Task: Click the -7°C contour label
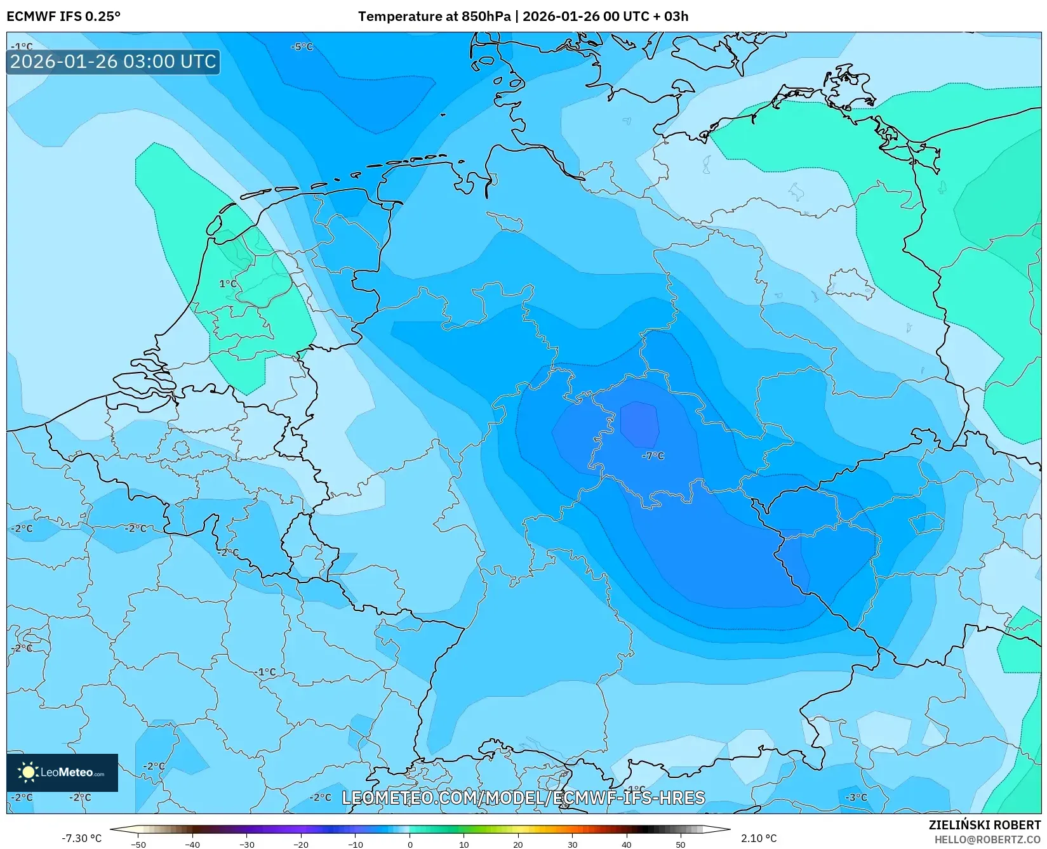pos(653,456)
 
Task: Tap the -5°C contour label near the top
pos(302,47)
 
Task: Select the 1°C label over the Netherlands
pos(227,284)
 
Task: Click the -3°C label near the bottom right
pos(856,797)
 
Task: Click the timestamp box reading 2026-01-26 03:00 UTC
pos(113,62)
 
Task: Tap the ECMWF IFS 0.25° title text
pos(63,16)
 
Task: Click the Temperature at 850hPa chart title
pos(523,16)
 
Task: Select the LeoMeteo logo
pos(62,772)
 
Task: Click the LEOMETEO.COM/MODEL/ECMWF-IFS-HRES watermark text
pos(523,798)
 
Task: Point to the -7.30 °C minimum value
pos(81,838)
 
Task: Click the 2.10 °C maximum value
pos(759,838)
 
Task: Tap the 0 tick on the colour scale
pos(410,845)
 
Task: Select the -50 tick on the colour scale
pos(138,845)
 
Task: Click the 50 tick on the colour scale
pos(681,845)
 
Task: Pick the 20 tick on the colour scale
pos(518,845)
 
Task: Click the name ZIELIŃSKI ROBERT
pos(985,825)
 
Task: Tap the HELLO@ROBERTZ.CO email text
pos(987,839)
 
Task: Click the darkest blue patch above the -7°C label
pos(639,424)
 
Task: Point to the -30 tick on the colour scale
pos(246,845)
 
